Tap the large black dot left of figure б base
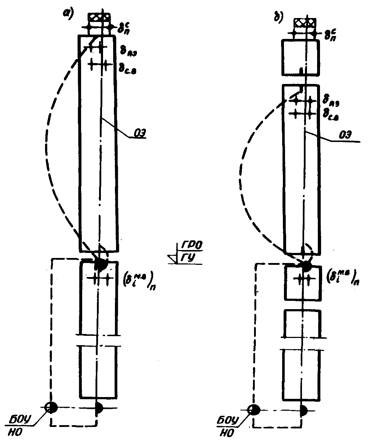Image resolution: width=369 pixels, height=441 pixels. click(x=254, y=410)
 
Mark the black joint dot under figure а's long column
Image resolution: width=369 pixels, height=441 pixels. click(x=101, y=265)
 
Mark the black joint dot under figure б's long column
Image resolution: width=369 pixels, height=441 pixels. click(x=307, y=267)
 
